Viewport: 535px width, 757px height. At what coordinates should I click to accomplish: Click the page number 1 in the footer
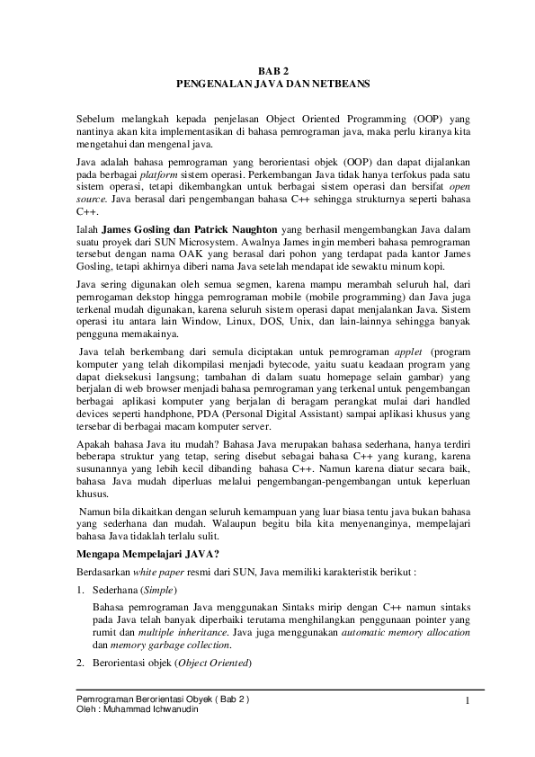[x=468, y=699]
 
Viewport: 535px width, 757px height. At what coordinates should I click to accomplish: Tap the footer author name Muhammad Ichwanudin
[x=151, y=708]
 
